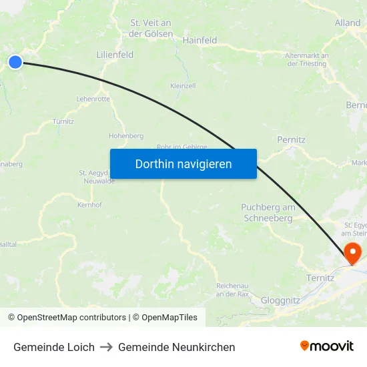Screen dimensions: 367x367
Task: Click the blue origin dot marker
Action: (x=15, y=62)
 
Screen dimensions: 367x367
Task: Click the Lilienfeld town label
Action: (x=115, y=55)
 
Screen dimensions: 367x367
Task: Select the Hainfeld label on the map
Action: (x=200, y=40)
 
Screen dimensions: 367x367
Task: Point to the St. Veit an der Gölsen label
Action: (x=151, y=28)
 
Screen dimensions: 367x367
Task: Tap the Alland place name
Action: (x=348, y=23)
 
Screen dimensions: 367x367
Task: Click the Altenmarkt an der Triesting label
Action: (x=306, y=59)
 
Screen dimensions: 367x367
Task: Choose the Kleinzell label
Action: (x=183, y=86)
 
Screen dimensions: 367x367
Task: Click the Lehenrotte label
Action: (x=93, y=99)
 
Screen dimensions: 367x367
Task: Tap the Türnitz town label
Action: (x=63, y=121)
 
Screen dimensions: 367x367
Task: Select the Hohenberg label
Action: (x=126, y=135)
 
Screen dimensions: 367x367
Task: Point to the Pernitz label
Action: (x=291, y=140)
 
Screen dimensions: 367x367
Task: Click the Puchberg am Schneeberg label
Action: (x=268, y=213)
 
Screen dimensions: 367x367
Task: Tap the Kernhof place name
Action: (x=89, y=204)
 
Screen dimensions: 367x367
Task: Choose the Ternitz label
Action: (x=320, y=278)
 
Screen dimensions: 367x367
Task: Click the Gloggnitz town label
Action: (x=280, y=300)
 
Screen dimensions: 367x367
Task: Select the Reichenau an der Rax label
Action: (x=233, y=290)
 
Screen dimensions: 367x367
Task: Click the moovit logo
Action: (x=326, y=346)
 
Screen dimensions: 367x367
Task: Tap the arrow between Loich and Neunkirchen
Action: (x=106, y=347)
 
